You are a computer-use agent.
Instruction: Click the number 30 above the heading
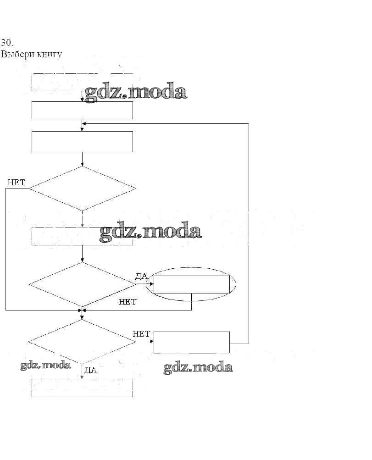coord(6,43)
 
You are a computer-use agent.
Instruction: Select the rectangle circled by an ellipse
coord(191,284)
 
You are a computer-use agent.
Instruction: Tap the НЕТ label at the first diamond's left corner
coord(16,182)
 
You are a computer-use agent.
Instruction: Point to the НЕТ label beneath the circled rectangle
coord(128,302)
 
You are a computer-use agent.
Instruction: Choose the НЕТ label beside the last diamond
coord(141,334)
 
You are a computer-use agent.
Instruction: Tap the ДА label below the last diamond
coord(91,370)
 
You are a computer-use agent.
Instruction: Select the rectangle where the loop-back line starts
coord(191,342)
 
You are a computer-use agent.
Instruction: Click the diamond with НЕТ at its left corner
coord(83,188)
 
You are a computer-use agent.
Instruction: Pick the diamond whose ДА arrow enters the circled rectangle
coord(83,284)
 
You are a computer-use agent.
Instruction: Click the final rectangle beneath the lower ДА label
coord(82,388)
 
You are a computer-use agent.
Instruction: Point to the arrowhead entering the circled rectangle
coord(151,284)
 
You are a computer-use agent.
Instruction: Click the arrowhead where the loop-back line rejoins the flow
coord(84,123)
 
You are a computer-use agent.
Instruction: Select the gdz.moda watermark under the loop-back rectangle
coord(198,368)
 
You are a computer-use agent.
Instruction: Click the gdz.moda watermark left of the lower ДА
coord(45,366)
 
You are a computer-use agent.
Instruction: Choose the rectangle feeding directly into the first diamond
coord(82,141)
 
